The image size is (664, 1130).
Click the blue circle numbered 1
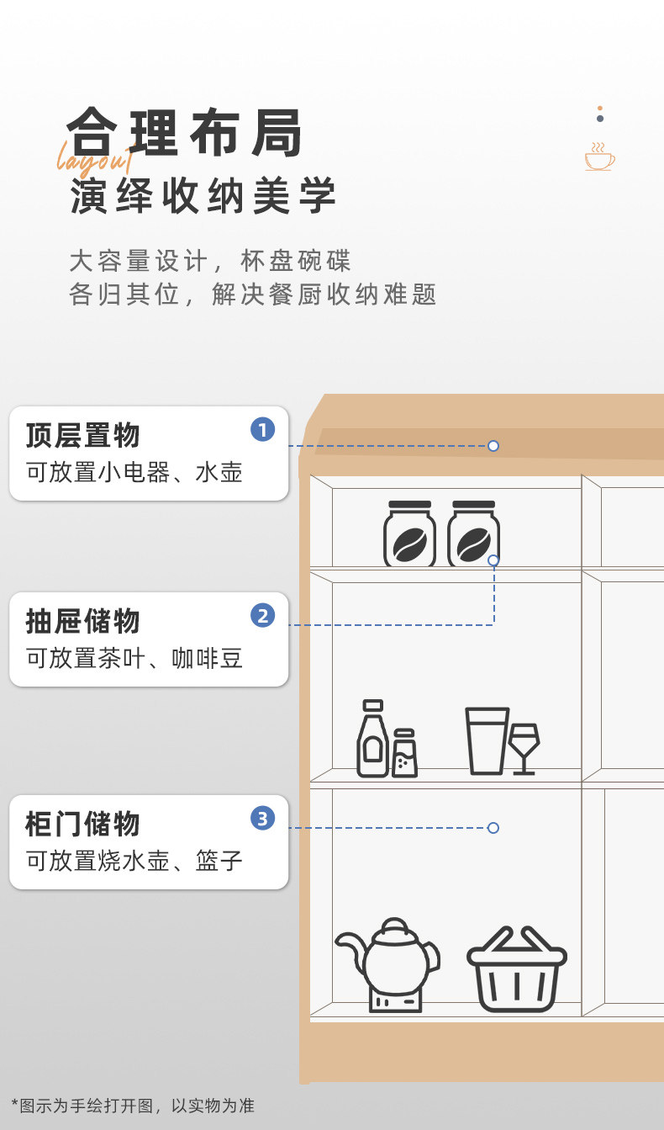262,430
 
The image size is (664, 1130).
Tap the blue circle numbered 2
262,616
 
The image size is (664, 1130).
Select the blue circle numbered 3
262,818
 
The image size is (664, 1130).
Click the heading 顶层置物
82,436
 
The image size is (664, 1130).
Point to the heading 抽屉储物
82,622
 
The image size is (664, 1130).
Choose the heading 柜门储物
82,824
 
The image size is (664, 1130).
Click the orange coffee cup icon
599,157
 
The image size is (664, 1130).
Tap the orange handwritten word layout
94,157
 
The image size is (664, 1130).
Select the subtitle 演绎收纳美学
203,196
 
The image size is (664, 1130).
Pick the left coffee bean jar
409,534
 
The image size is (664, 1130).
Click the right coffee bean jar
473,534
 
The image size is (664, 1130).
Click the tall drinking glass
487,740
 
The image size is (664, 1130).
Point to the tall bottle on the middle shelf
372,739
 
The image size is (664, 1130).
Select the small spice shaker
404,753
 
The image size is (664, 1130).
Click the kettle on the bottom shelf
387,964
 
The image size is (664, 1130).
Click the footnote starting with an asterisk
133,1106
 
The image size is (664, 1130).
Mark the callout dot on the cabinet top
493,446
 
